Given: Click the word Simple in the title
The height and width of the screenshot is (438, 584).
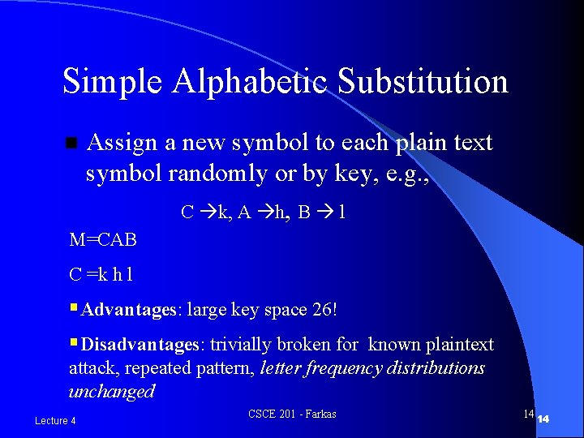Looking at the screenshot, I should point(102,83).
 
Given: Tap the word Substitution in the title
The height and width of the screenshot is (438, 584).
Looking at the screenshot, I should point(423,83).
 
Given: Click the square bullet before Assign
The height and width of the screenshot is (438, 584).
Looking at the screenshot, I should point(71,144).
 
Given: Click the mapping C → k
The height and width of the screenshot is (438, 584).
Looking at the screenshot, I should point(204,213).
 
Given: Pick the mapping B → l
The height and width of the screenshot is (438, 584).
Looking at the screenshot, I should point(322,213).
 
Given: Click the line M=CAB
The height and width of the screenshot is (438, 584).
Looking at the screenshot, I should point(103,240).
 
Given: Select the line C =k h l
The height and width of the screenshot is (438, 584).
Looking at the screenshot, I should point(101,275).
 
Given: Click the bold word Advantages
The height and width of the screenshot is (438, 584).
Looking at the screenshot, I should point(129,310).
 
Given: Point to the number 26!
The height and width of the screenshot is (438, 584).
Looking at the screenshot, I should point(322,310).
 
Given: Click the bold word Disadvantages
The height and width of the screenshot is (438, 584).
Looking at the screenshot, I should point(140,345).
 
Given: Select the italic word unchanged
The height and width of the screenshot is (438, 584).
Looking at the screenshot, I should point(111,392).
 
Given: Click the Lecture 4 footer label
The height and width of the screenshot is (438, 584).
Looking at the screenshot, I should point(55,420).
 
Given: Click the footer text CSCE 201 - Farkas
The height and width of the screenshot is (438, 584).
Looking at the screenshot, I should point(292,414).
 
